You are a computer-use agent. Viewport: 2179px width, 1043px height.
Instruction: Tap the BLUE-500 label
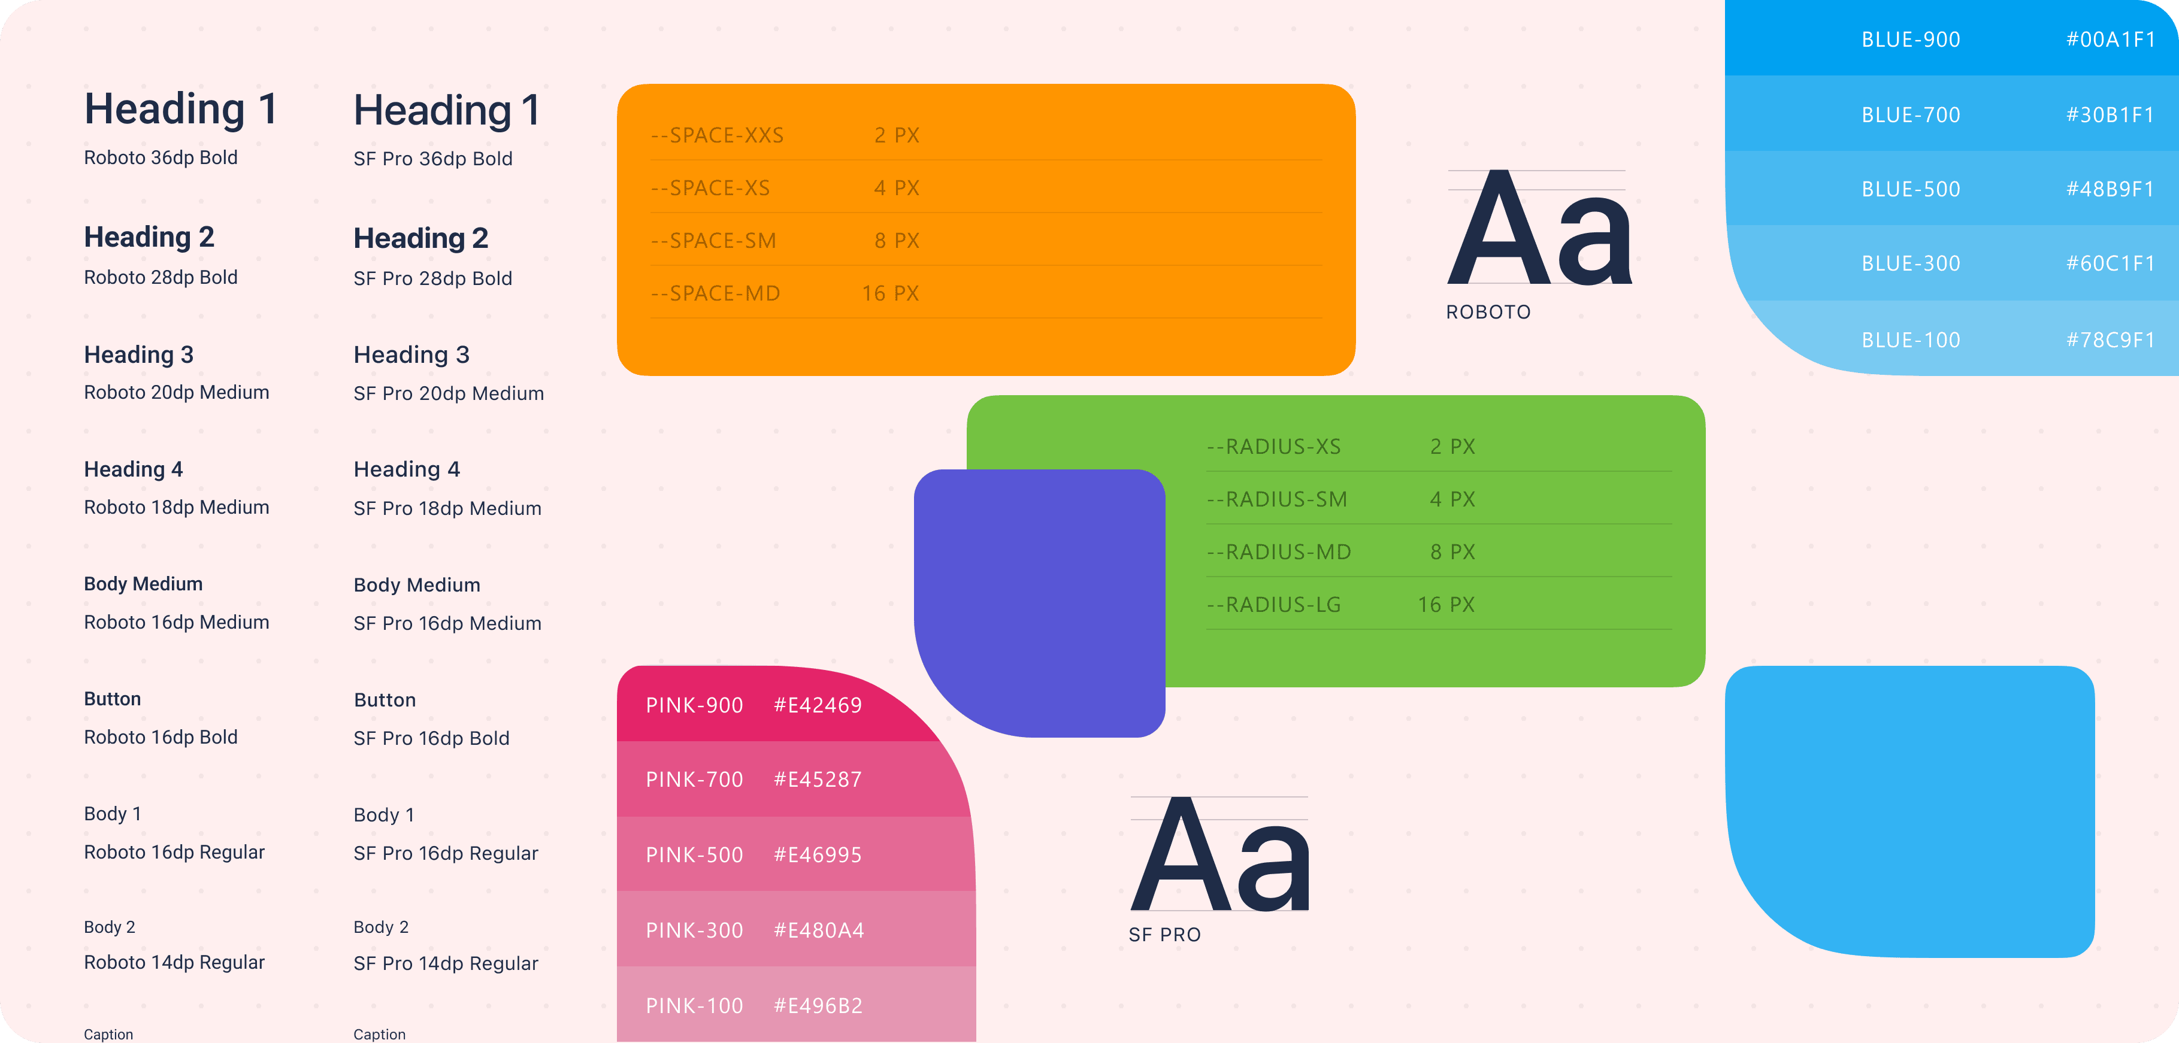tap(1911, 189)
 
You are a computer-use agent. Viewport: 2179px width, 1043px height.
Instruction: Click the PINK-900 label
tap(694, 705)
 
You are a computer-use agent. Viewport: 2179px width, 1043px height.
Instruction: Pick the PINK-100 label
tap(694, 1006)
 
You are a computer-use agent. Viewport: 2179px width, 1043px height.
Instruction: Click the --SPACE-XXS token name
tap(718, 135)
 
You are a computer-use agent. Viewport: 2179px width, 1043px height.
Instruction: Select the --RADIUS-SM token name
tap(1278, 499)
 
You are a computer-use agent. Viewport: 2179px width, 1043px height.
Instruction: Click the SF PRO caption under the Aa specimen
tap(1165, 935)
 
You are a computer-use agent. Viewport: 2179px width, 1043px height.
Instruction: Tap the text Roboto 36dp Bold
tap(161, 157)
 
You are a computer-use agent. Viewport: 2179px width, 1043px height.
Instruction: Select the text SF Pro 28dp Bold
tap(433, 278)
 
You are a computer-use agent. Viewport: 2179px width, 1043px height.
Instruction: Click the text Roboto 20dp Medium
tap(177, 393)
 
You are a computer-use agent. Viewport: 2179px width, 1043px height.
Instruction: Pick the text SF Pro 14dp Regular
tap(446, 963)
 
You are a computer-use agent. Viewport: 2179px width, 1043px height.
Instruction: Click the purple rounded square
tap(1040, 603)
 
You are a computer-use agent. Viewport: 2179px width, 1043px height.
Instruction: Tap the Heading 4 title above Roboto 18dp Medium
tap(134, 469)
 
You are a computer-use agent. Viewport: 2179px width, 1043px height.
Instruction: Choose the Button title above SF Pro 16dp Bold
tap(385, 701)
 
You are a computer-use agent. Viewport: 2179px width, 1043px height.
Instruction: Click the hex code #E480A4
tap(819, 930)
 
